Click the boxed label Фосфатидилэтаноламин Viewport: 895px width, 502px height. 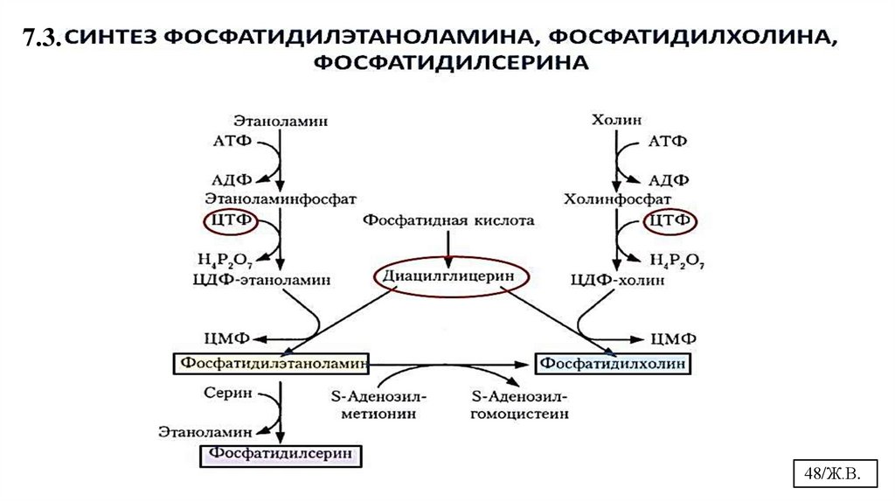point(271,362)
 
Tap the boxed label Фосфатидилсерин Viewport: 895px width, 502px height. point(281,455)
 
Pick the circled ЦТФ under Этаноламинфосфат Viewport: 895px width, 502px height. point(230,223)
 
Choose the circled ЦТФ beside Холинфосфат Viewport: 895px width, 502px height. point(670,223)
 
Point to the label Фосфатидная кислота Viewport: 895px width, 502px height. point(448,222)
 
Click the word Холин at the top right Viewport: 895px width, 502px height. point(616,120)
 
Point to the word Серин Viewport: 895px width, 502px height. point(228,393)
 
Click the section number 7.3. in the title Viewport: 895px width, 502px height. point(41,37)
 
